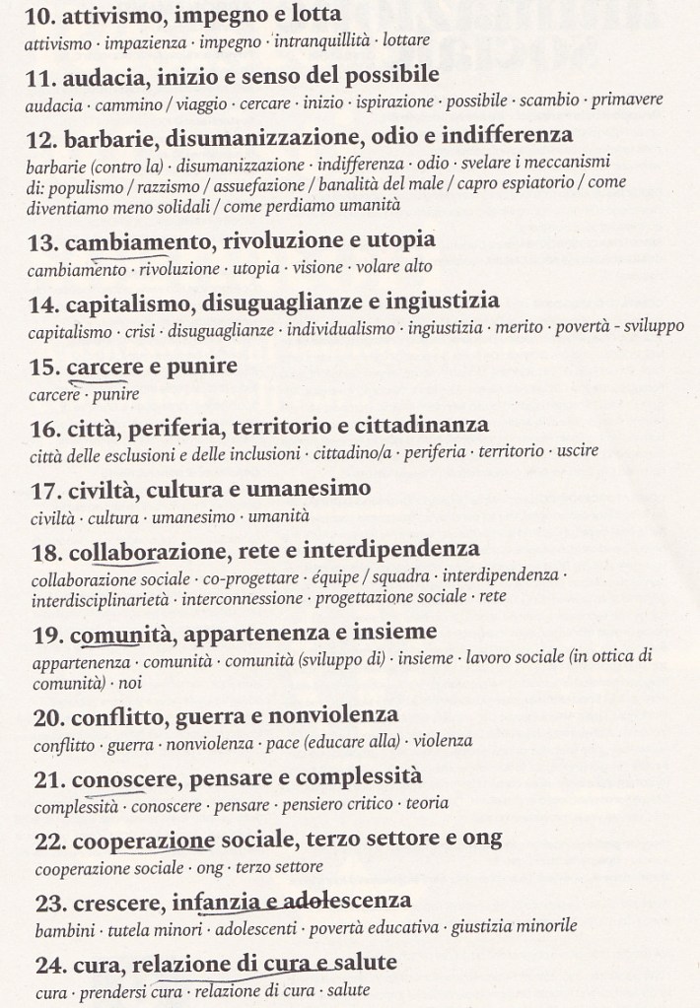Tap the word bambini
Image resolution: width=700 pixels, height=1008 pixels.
pos(57,927)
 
